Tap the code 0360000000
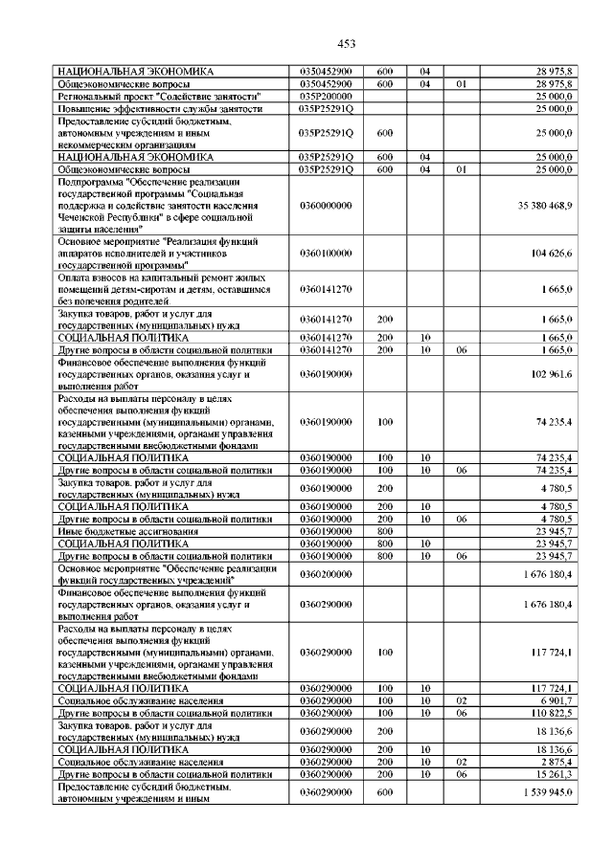(326, 205)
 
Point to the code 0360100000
(326, 253)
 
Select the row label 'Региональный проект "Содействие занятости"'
(160, 97)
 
